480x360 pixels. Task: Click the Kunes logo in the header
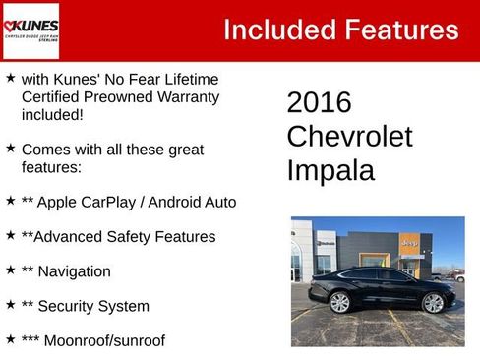coord(31,30)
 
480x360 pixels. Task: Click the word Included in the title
coord(276,30)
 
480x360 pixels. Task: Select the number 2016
coord(319,102)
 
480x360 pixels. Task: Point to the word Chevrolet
coord(349,137)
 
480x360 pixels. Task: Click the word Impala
coord(330,170)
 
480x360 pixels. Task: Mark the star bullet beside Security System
coord(10,305)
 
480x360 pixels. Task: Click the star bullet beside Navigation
coord(10,270)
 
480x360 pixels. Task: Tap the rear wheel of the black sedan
coord(340,302)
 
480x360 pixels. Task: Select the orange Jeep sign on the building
coord(409,242)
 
